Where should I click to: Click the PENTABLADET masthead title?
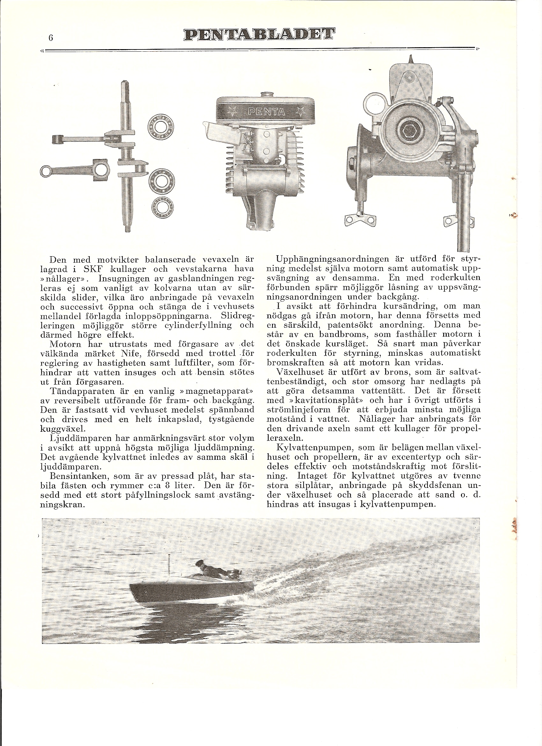pyautogui.click(x=259, y=34)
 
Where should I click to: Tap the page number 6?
pyautogui.click(x=51, y=38)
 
